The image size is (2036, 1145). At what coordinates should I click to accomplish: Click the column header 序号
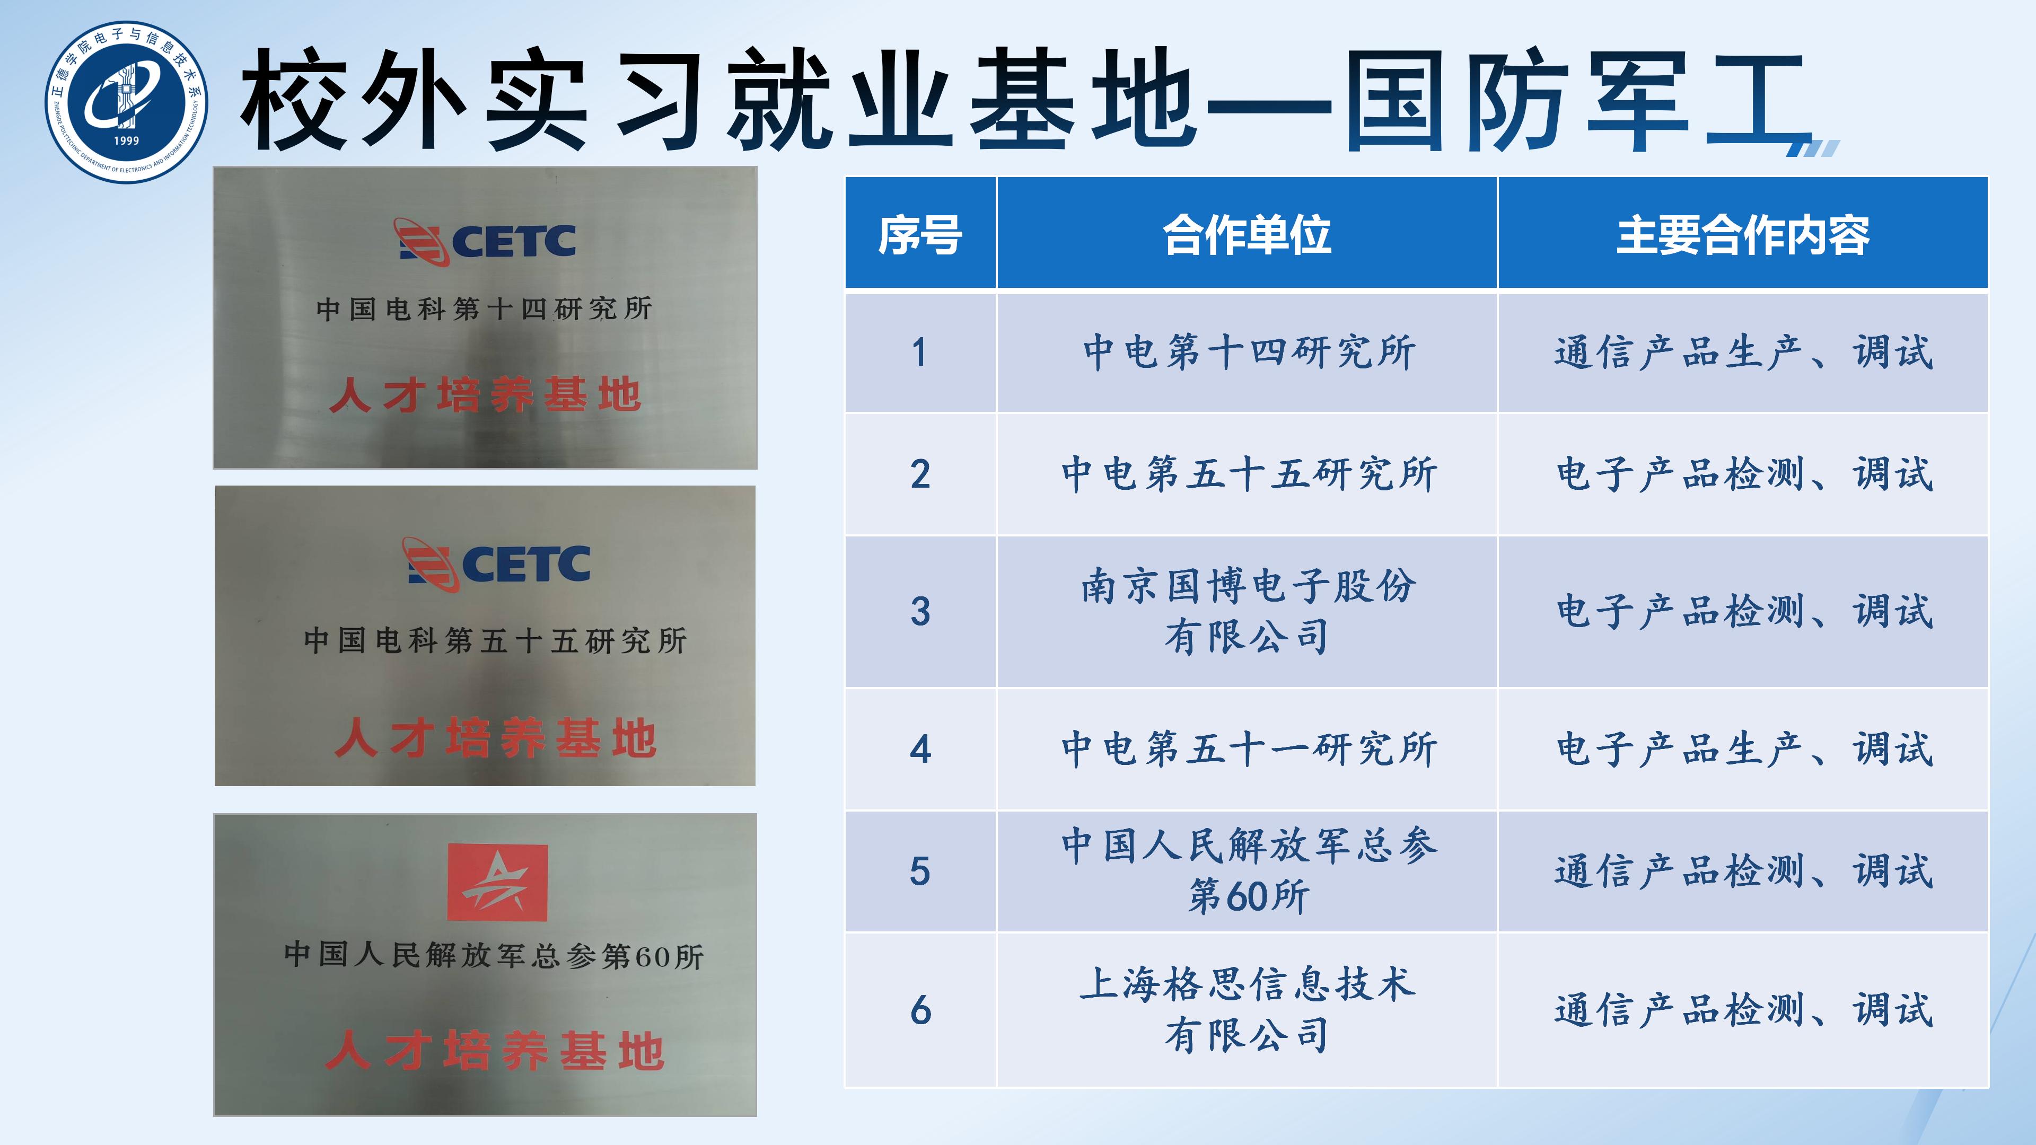click(920, 235)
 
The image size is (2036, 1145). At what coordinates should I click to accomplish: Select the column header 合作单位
click(1247, 235)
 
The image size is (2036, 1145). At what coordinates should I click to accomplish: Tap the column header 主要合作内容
click(1743, 235)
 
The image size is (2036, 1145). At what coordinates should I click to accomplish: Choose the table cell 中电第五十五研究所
click(1248, 474)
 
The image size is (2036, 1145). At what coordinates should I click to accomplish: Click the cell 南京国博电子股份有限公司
click(1248, 611)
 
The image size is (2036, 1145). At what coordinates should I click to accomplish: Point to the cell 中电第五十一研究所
click(1248, 748)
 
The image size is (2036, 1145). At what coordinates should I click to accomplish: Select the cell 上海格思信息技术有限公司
click(1248, 1009)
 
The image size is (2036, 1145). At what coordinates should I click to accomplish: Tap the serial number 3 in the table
click(920, 611)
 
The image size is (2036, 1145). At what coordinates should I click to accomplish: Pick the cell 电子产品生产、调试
click(1743, 748)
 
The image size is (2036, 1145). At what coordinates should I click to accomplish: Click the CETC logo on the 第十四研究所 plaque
click(485, 241)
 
